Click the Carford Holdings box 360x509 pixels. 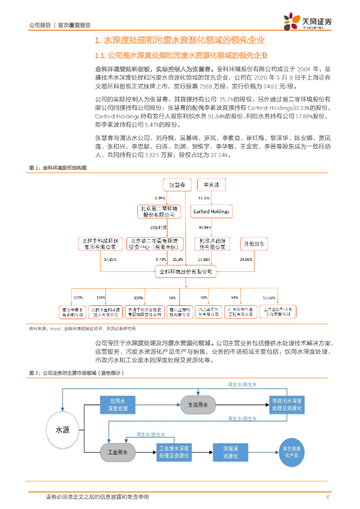click(211, 212)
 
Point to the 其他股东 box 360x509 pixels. click(255, 244)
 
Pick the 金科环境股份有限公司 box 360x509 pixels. click(185, 271)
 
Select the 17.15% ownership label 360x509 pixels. click(110, 259)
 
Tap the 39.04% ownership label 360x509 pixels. click(246, 259)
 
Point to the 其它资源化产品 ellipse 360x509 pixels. click(291, 452)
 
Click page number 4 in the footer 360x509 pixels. click(327, 497)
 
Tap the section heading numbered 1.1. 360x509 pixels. click(181, 55)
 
